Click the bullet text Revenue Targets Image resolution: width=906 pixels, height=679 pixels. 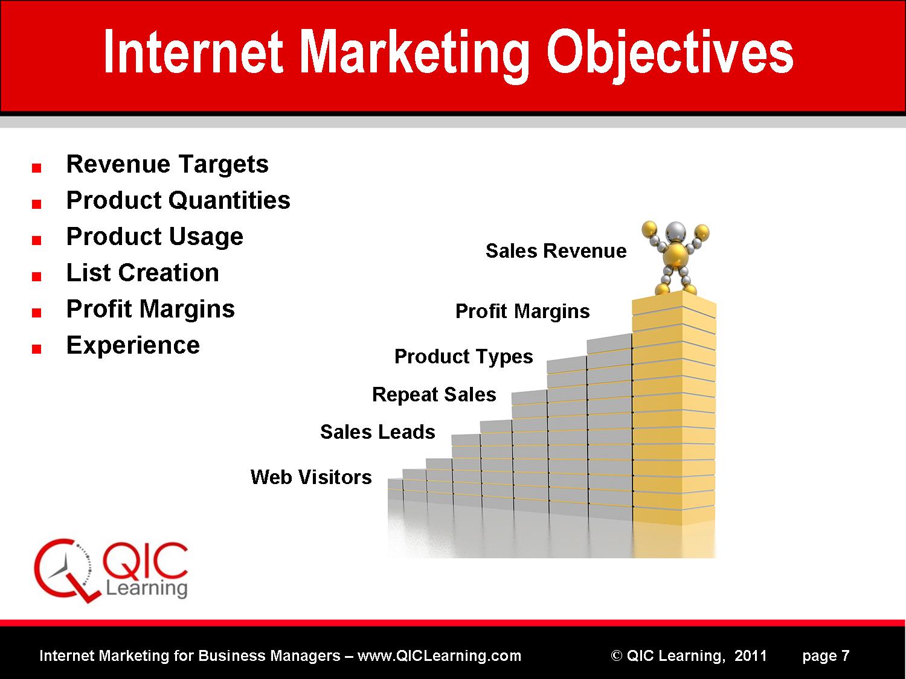point(167,164)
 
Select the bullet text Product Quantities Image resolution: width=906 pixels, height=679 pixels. point(178,200)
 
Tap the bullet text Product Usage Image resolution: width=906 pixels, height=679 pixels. point(155,237)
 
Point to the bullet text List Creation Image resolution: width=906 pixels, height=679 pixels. point(143,273)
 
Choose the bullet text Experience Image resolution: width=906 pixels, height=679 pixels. point(133,345)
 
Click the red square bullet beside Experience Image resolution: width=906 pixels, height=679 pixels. point(36,349)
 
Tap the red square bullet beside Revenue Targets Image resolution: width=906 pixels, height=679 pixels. point(36,167)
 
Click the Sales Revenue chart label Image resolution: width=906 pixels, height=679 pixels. point(556,250)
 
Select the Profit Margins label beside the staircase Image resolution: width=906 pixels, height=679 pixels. point(522,311)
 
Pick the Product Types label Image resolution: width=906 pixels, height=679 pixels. point(463,357)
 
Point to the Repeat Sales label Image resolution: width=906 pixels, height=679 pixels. point(434,395)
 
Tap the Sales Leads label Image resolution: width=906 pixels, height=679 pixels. point(377,432)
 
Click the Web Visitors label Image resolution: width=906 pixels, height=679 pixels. point(311,477)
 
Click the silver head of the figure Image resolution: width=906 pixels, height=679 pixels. point(676,232)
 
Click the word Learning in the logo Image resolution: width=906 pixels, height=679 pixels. point(147,588)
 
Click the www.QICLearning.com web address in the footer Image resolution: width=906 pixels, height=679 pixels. point(439,655)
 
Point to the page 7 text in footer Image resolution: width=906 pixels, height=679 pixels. point(826,656)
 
